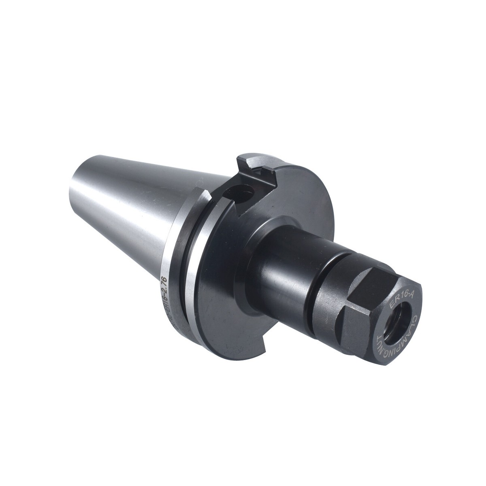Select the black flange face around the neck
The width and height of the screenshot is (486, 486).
227,283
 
